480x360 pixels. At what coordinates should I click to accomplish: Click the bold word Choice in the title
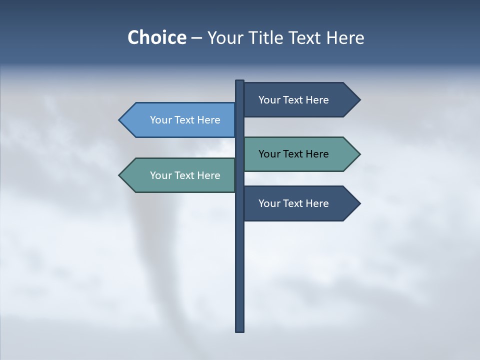[x=156, y=37]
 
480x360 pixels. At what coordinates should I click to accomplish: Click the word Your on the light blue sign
[x=160, y=120]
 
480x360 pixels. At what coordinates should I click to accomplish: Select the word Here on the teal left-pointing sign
[x=208, y=175]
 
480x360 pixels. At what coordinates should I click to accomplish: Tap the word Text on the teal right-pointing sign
[x=293, y=154]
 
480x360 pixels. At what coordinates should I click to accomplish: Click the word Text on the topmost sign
[x=293, y=100]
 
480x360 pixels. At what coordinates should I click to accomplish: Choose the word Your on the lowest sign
[x=269, y=203]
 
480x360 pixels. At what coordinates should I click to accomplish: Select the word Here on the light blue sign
[x=208, y=120]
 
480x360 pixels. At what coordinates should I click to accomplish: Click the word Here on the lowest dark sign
[x=317, y=203]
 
